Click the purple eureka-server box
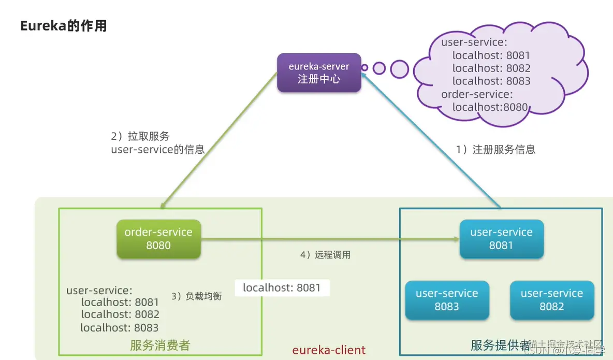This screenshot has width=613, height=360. pos(318,73)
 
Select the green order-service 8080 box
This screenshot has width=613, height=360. pos(158,239)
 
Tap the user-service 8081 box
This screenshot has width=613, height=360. pos(501,239)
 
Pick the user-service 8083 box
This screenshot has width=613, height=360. pos(447,300)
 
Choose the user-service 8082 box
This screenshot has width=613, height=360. pos(551,300)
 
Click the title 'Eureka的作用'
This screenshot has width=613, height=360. pos(63,26)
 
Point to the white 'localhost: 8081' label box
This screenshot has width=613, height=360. pos(282,288)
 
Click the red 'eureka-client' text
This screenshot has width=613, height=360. pos(329,350)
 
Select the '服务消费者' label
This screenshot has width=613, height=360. pos(160,345)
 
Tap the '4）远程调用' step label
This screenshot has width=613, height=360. pos(326,255)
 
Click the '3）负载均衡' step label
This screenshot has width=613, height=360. pos(196,296)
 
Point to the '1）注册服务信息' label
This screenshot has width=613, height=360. pos(495,150)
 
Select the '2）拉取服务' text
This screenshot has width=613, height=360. pos(140,137)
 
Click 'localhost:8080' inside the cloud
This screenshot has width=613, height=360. pos(490,107)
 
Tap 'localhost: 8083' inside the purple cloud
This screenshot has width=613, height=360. pos(491,81)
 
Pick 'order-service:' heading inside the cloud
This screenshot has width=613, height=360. pos(476,94)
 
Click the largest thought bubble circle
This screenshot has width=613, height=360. pos(399,69)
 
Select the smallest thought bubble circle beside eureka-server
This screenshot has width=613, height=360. pos(364,67)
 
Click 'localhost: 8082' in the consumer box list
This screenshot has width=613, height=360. pos(120,314)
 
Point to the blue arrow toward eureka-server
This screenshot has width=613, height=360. pos(432,140)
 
